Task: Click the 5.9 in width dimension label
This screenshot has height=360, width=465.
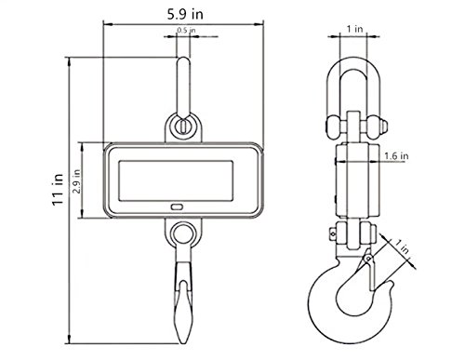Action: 185,14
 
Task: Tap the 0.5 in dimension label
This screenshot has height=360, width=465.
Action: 186,30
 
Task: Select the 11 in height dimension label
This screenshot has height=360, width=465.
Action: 58,190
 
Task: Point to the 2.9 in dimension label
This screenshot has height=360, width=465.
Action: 76,181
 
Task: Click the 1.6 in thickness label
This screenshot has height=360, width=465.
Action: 396,155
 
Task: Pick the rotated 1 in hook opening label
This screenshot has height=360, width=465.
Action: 403,247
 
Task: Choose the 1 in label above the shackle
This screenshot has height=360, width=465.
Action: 354,29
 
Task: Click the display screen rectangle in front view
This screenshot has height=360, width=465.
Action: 176,180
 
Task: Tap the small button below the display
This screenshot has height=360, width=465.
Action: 177,207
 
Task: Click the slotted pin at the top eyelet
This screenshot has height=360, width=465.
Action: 183,127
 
